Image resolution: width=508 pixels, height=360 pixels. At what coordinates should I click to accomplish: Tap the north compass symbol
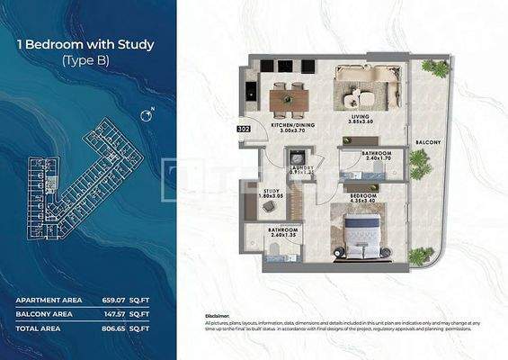(147, 115)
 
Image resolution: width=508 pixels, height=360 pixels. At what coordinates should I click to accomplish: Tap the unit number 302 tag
(244, 129)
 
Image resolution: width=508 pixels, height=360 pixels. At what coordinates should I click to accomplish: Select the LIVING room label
(361, 116)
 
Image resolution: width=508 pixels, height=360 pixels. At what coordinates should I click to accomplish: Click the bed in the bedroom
(364, 231)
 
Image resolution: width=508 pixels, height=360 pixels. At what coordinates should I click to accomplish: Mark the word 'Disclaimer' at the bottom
(217, 317)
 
